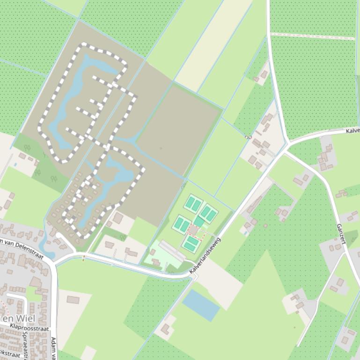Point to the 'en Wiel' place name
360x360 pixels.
click(x=18, y=318)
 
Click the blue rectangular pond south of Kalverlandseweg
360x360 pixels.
click(x=201, y=305)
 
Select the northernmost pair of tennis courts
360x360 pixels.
click(x=193, y=204)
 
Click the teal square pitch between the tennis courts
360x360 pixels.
click(x=199, y=221)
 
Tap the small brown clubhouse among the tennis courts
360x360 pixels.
click(x=193, y=230)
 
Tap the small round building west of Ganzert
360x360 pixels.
click(x=265, y=226)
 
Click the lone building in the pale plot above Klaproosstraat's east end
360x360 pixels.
click(x=73, y=300)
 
